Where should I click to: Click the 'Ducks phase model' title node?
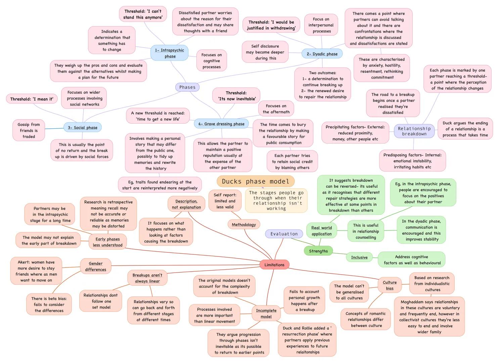(256, 181)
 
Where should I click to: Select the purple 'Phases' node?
(187, 87)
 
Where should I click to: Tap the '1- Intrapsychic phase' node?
(170, 53)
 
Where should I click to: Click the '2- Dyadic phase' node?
(322, 54)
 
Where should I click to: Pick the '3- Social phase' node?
(82, 127)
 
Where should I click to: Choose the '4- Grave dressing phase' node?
(221, 124)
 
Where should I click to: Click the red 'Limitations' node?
(274, 265)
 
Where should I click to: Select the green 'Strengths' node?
(318, 251)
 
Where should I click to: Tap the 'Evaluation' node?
(284, 234)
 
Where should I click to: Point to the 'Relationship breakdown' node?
(414, 131)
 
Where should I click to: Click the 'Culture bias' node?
(390, 285)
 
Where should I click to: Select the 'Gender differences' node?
(96, 266)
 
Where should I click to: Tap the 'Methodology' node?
(244, 225)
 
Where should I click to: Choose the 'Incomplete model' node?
(266, 313)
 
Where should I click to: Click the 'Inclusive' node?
(359, 257)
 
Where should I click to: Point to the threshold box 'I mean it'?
(32, 99)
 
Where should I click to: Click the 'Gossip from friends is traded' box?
(29, 130)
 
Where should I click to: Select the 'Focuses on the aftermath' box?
(276, 109)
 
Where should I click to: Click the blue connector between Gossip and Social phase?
(54, 128)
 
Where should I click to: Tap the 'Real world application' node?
(321, 231)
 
